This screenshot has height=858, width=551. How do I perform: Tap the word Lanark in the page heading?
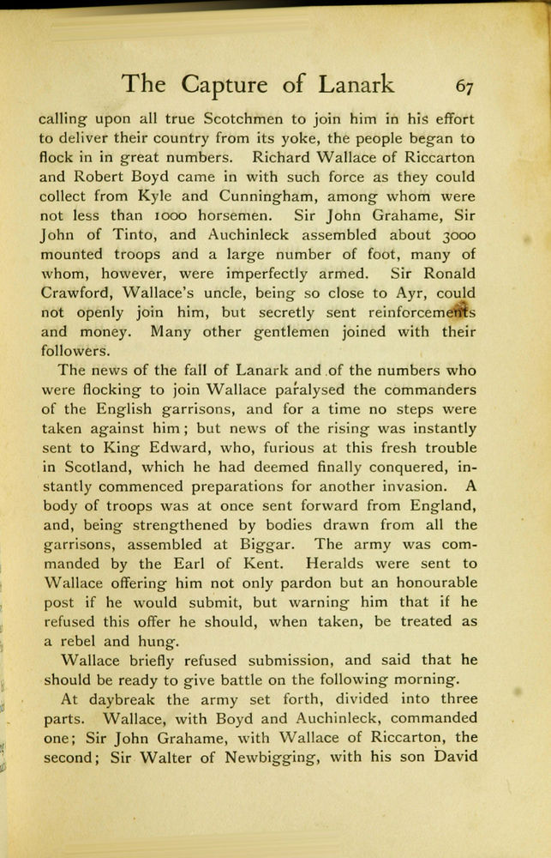[x=356, y=84]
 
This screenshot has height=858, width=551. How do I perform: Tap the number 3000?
[x=452, y=235]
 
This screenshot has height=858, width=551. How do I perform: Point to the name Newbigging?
[x=259, y=757]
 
